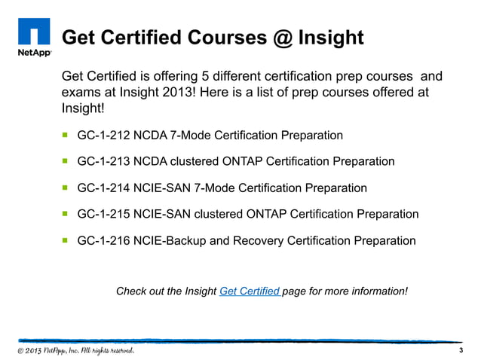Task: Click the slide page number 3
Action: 460,352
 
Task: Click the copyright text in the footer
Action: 75,352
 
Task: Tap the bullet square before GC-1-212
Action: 66,136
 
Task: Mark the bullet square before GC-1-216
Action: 66,241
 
